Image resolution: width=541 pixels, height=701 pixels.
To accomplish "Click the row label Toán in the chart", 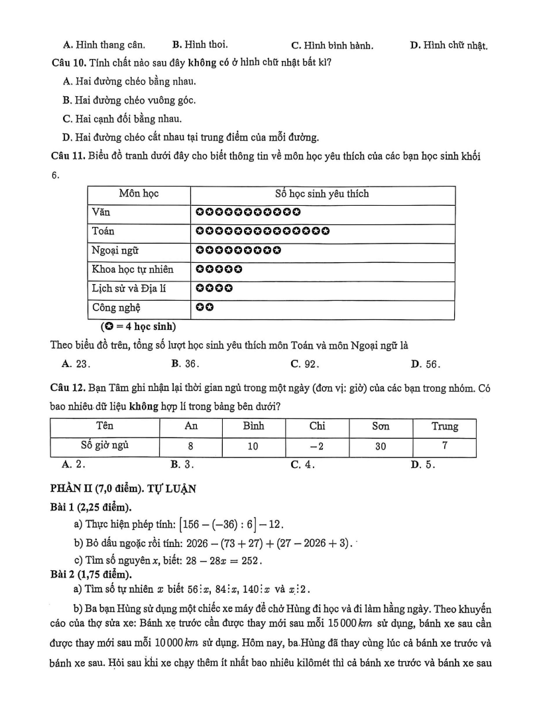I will pos(103,232).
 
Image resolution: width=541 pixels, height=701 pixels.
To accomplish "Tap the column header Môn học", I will pos(139,194).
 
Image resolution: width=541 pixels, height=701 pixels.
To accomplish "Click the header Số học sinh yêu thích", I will pos(322,194).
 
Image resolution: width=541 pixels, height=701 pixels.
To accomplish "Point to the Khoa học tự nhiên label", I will pos(133,270).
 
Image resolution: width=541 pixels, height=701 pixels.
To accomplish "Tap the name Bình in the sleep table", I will pos(253,427).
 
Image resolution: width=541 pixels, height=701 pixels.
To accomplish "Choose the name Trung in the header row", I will pos(444,427).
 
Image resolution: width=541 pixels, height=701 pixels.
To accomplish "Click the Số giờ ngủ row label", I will pos(105,446).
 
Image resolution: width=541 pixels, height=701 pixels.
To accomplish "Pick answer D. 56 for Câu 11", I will pos(426,363).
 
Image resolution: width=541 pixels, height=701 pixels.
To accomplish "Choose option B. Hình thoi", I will pos(200,45).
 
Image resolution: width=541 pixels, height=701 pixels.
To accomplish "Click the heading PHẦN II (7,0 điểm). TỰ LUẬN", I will pos(123,490).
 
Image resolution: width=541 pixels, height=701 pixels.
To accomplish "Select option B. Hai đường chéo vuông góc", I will pos(129,100).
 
